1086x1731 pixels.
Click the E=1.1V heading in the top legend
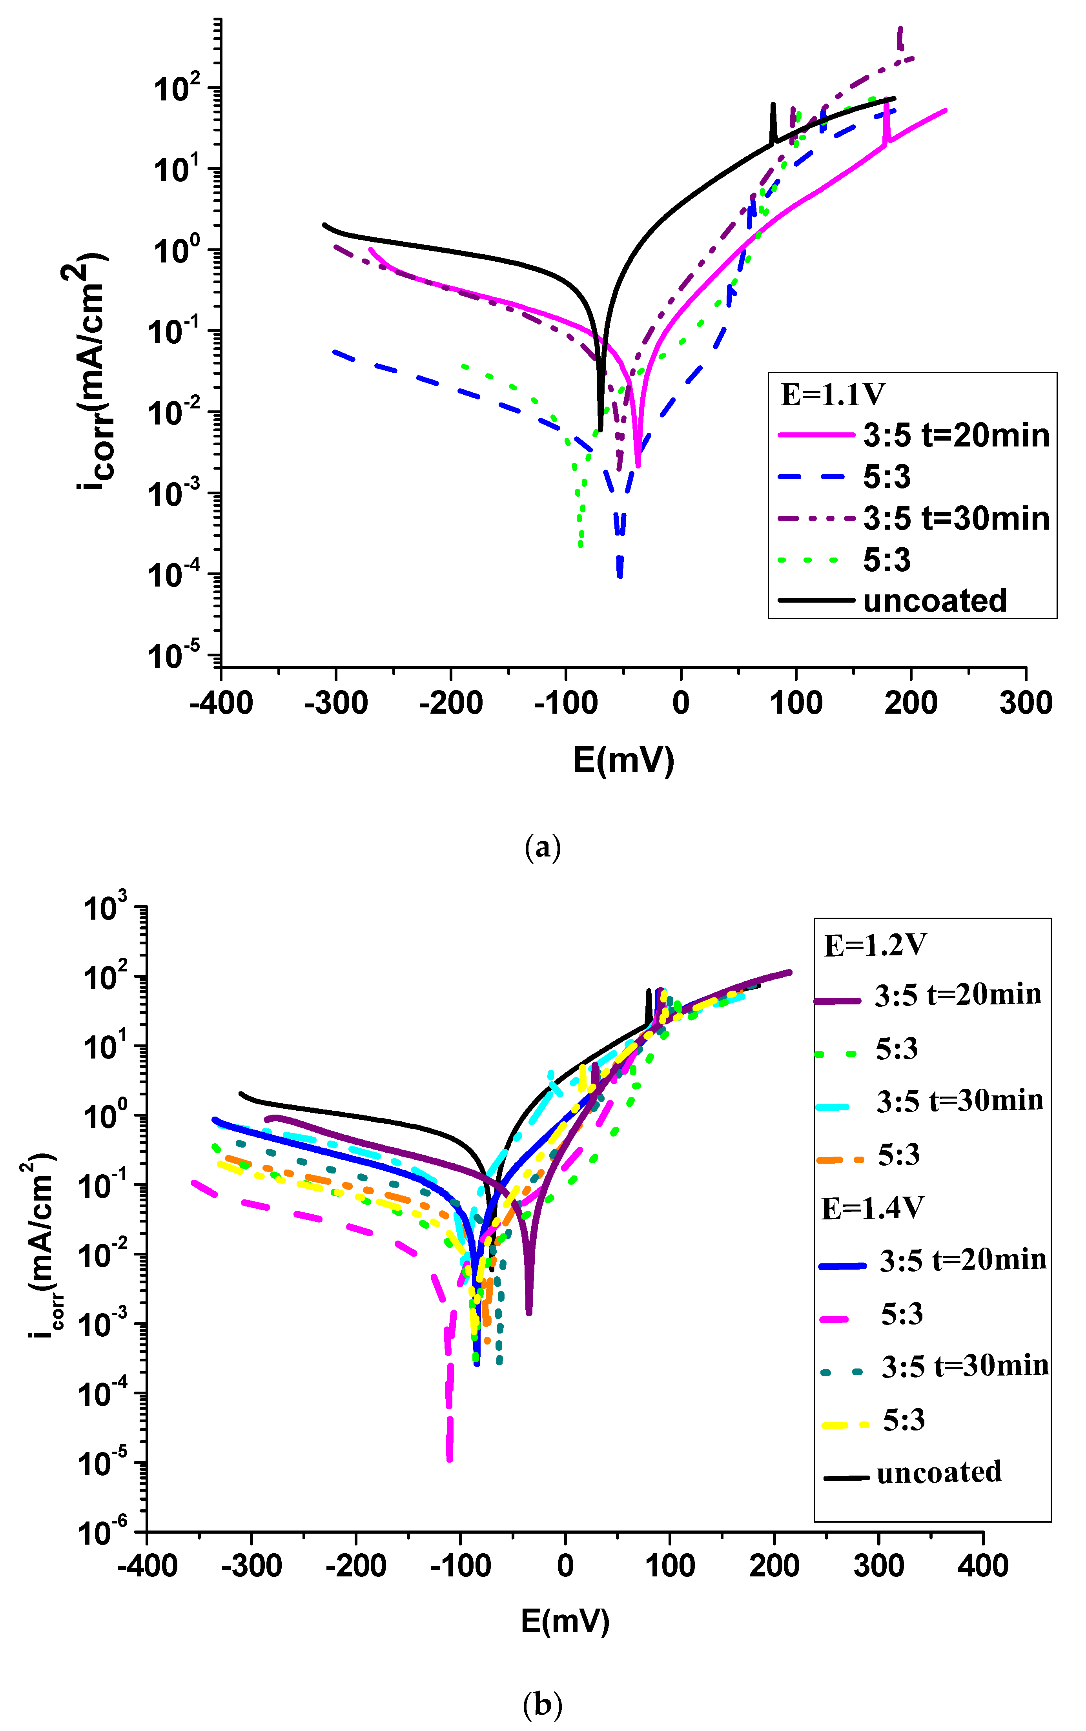pyautogui.click(x=833, y=394)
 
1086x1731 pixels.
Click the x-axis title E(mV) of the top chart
pyautogui.click(x=623, y=760)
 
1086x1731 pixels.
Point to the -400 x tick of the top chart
pyautogui.click(x=221, y=702)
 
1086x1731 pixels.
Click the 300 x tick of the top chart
pyautogui.click(x=1026, y=702)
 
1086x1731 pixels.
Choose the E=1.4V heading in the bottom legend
pyautogui.click(x=872, y=1208)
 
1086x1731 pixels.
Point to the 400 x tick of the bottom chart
pyautogui.click(x=982, y=1565)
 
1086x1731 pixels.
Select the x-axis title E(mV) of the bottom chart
pyautogui.click(x=565, y=1620)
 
